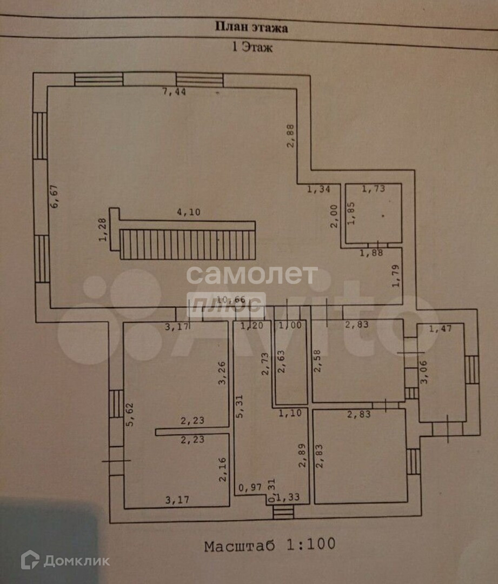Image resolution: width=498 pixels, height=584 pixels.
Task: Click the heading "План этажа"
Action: [x=251, y=27]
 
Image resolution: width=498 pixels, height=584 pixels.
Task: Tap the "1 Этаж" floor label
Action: [x=252, y=47]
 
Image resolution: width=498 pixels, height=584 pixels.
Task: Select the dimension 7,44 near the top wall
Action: [x=174, y=92]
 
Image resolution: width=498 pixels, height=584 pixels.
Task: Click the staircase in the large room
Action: [x=187, y=244]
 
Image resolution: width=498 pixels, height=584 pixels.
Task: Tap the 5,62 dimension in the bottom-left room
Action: [x=130, y=415]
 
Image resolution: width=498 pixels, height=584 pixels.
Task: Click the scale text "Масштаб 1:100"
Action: [x=270, y=545]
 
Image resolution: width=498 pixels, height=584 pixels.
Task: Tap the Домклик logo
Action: [x=65, y=561]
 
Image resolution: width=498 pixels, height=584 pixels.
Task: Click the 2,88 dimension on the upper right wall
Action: [x=290, y=136]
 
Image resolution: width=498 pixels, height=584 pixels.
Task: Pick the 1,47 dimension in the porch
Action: [x=440, y=328]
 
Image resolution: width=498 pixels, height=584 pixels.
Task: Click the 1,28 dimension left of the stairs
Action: [x=102, y=230]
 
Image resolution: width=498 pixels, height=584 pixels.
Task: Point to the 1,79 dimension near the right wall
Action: [x=396, y=276]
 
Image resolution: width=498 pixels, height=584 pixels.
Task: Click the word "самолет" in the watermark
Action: [x=252, y=275]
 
